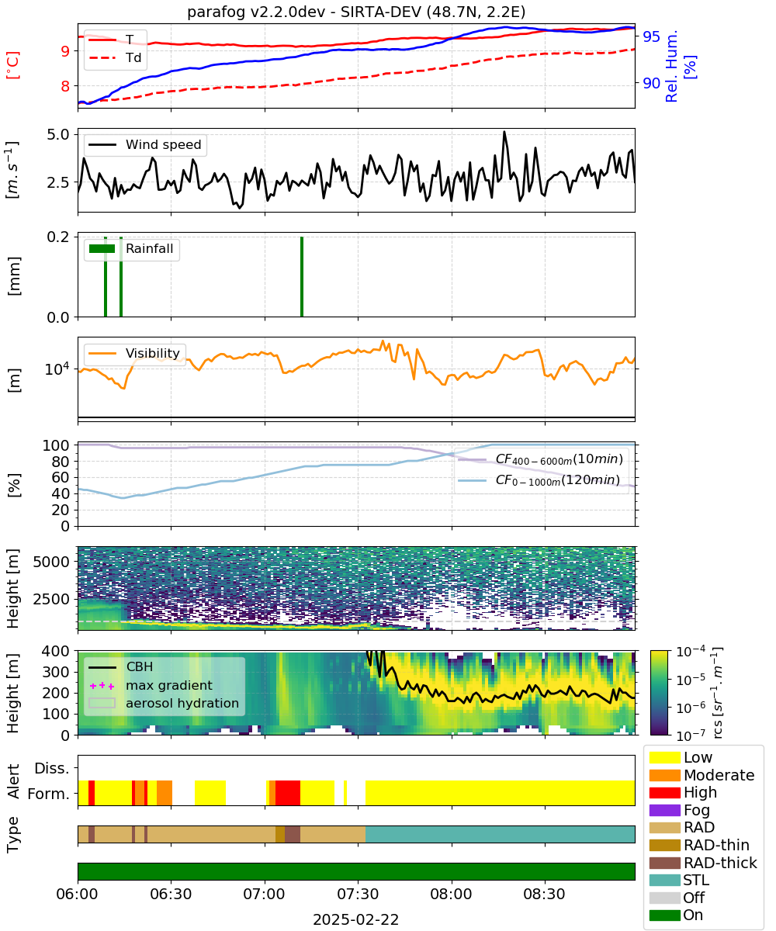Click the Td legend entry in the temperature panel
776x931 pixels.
pyautogui.click(x=115, y=57)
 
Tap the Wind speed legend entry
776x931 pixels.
pyautogui.click(x=145, y=144)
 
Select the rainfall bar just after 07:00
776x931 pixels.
pyautogui.click(x=302, y=276)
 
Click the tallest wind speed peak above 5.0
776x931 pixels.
pyautogui.click(x=504, y=132)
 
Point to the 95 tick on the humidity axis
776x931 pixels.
pyautogui.click(x=651, y=36)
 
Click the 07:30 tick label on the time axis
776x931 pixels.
pyautogui.click(x=358, y=894)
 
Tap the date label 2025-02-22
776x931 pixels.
pyautogui.click(x=356, y=919)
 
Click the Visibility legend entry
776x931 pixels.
pyautogui.click(x=134, y=353)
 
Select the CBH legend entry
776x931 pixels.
pyautogui.click(x=121, y=666)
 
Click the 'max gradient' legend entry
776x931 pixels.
pyautogui.click(x=151, y=685)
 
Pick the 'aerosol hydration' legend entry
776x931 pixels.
pyautogui.click(x=164, y=703)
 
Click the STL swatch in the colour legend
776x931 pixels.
pyautogui.click(x=664, y=880)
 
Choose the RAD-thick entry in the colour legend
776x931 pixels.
pyautogui.click(x=703, y=863)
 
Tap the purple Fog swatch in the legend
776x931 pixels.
pyautogui.click(x=664, y=810)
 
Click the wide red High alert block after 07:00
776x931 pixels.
pyautogui.click(x=288, y=793)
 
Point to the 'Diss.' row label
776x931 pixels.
pyautogui.click(x=52, y=768)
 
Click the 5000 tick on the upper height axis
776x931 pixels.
pyautogui.click(x=51, y=562)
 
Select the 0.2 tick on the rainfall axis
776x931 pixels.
pyautogui.click(x=58, y=237)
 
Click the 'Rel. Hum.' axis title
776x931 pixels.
pyautogui.click(x=672, y=66)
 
